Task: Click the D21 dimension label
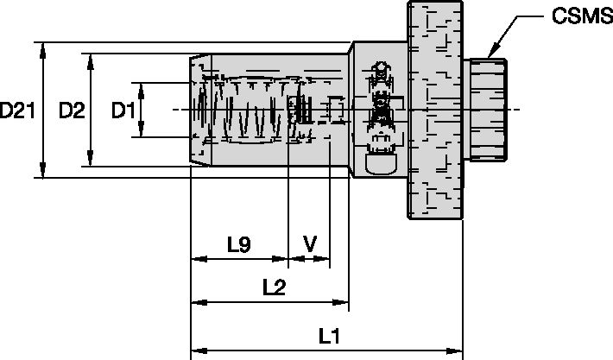click(x=17, y=111)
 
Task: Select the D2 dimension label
click(x=71, y=111)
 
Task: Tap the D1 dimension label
click(x=123, y=111)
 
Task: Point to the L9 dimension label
click(x=239, y=245)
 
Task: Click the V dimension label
click(x=309, y=245)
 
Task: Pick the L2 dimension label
click(x=274, y=288)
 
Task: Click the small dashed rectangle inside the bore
click(x=336, y=111)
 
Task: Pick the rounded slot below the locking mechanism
click(x=379, y=161)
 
